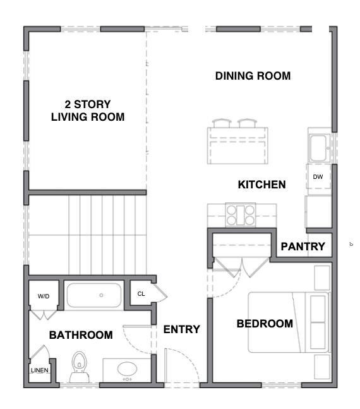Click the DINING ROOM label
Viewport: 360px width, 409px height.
(253, 76)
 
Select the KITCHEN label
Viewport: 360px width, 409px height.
(261, 185)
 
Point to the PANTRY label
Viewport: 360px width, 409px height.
(303, 247)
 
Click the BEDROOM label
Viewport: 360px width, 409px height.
(265, 324)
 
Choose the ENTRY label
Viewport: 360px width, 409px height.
(181, 329)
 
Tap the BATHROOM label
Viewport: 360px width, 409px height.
(81, 335)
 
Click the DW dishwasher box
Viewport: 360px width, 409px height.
(318, 177)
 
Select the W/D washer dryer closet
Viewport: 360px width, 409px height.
(44, 296)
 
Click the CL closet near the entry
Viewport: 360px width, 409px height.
(141, 293)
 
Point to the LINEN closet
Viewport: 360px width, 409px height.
(39, 370)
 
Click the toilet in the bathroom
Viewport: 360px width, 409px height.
(80, 365)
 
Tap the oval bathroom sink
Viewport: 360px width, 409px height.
(127, 369)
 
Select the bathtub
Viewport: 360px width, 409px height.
(94, 295)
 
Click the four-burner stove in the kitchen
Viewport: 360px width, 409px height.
(240, 215)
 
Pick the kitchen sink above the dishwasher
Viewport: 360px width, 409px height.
(317, 148)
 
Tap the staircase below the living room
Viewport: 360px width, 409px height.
(88, 234)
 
